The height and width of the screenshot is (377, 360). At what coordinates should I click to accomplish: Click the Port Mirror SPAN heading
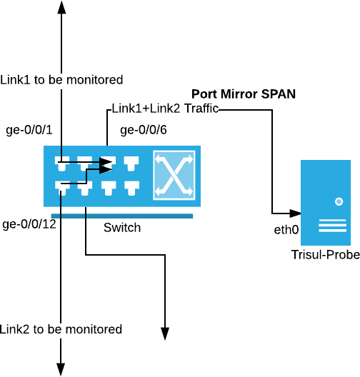click(x=244, y=94)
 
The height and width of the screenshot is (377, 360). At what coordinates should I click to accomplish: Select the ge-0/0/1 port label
click(x=29, y=130)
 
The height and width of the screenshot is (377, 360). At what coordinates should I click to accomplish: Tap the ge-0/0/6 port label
click(x=144, y=130)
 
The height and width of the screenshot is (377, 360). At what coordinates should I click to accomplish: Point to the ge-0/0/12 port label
click(x=29, y=224)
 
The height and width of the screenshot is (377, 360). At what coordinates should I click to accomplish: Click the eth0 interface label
click(x=286, y=230)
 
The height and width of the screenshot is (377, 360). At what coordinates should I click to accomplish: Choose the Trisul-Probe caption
click(x=326, y=255)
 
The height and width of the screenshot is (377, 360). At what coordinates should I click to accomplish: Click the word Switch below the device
click(x=122, y=228)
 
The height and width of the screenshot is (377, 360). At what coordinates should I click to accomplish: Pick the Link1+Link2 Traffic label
click(x=165, y=109)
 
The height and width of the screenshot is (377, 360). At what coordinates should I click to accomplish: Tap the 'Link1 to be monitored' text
click(x=61, y=79)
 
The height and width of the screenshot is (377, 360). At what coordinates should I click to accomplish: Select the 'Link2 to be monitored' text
click(x=61, y=329)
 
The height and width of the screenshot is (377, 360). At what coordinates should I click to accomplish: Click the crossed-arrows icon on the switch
click(x=174, y=175)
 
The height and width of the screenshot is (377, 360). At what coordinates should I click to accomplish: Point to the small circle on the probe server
click(x=339, y=201)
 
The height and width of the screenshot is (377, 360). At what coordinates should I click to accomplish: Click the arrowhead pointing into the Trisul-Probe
click(x=295, y=213)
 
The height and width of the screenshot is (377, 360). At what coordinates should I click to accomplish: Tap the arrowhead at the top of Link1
click(x=62, y=7)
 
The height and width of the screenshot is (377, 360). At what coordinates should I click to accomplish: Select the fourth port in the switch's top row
click(x=131, y=164)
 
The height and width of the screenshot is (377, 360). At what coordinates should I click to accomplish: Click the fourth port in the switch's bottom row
click(x=131, y=188)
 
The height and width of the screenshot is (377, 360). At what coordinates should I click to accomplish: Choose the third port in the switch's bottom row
click(x=109, y=188)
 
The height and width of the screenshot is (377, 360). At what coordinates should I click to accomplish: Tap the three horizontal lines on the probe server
click(x=332, y=226)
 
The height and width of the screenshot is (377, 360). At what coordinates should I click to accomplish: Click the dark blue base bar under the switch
click(x=122, y=216)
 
